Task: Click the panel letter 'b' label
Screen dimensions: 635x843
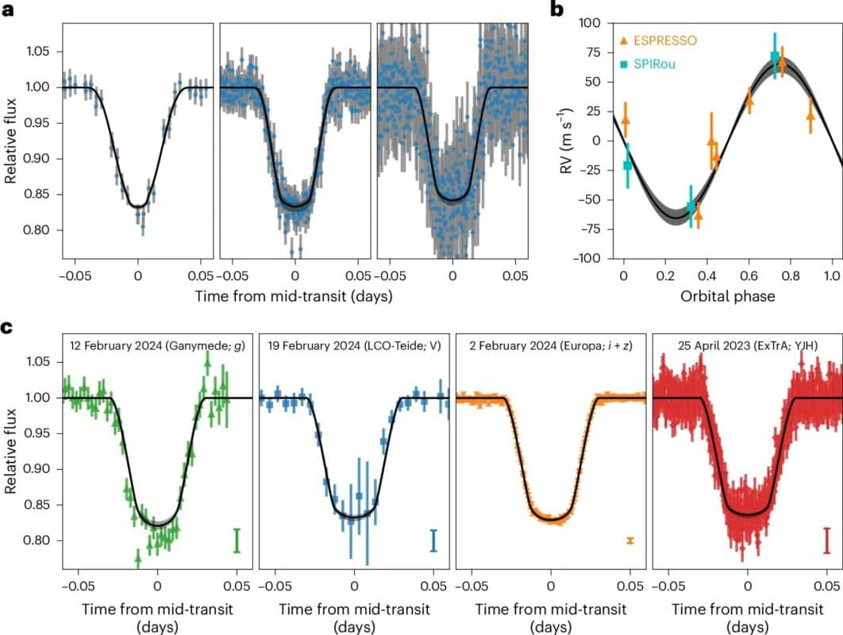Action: tap(558, 10)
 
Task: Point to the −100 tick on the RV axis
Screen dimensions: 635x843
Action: tap(593, 258)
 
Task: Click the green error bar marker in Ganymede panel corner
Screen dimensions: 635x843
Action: tap(237, 541)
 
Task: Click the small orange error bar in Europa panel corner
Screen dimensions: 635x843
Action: tap(629, 541)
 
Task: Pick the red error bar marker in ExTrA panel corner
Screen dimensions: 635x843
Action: tap(826, 541)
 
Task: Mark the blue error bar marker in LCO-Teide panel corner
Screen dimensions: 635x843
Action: tap(433, 541)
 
